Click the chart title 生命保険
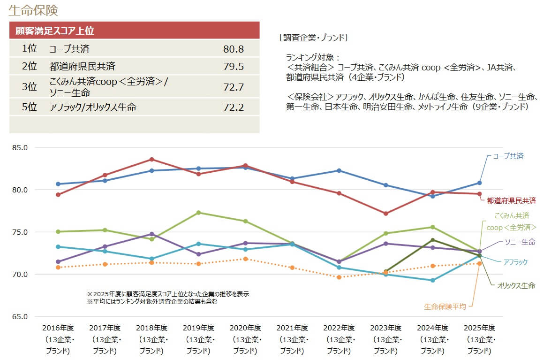[33, 10]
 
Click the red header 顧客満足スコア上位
[55, 31]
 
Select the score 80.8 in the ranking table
[234, 49]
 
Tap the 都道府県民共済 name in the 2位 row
[82, 66]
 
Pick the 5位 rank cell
[29, 107]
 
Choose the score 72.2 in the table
[234, 107]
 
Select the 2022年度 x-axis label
[340, 328]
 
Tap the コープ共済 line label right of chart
[508, 156]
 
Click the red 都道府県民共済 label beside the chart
[511, 200]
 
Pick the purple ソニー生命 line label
[520, 242]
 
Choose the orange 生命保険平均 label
[445, 306]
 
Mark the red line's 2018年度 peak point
[151, 160]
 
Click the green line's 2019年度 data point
[198, 213]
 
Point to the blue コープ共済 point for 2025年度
[479, 183]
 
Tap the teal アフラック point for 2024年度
[433, 280]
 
